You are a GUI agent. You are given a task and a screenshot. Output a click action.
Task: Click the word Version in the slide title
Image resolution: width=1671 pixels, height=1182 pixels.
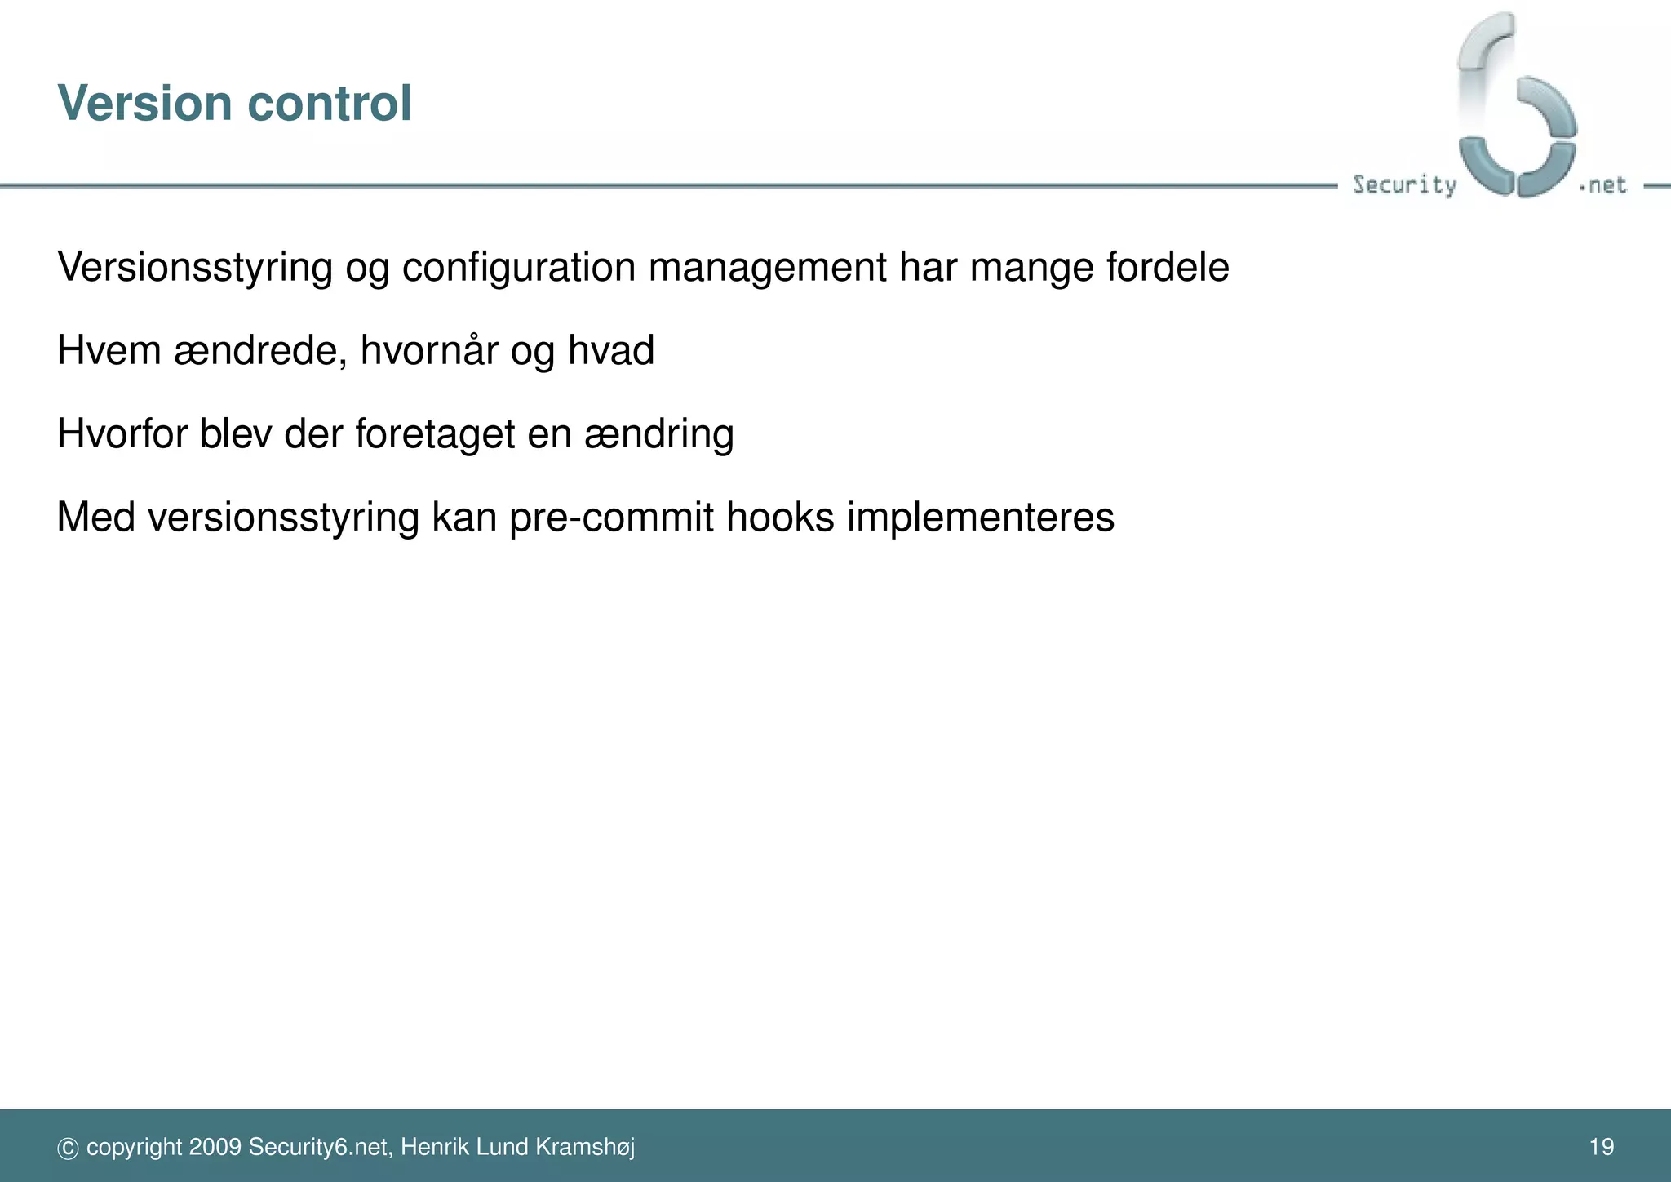[x=145, y=104]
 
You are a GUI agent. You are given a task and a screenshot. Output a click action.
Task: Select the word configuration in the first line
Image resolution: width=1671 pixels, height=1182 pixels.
[x=518, y=269]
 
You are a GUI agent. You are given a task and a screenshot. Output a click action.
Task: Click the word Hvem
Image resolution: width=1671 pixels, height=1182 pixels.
[x=109, y=351]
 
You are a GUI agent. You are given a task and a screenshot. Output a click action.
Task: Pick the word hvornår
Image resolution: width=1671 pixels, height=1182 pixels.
[x=428, y=352]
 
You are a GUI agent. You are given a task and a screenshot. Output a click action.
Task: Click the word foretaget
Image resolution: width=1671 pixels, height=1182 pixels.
[x=435, y=435]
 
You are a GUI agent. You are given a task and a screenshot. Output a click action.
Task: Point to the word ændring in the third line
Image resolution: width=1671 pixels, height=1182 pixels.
[x=658, y=435]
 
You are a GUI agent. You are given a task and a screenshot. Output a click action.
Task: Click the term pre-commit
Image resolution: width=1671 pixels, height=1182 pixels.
[x=611, y=518]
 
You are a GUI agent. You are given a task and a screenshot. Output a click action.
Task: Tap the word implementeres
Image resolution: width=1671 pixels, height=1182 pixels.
[x=980, y=518]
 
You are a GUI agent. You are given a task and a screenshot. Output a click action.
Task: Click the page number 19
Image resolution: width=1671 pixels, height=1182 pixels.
[x=1602, y=1147]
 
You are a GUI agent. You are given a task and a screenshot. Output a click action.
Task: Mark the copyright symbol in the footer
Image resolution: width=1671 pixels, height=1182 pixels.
[x=68, y=1149]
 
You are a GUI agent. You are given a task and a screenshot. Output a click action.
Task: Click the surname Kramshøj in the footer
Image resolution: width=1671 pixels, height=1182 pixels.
[x=585, y=1148]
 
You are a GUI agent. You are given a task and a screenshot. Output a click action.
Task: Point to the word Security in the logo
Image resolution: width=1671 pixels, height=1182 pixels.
[x=1404, y=185]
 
